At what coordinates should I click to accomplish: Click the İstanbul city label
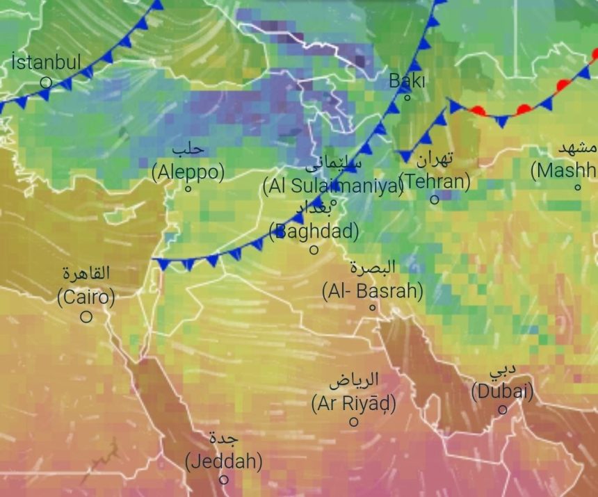pyautogui.click(x=47, y=62)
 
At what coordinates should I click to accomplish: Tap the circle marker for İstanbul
pyautogui.click(x=46, y=82)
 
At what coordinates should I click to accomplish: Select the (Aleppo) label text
pyautogui.click(x=188, y=172)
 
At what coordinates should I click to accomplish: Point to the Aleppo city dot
pyautogui.click(x=188, y=188)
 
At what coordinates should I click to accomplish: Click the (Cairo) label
pyautogui.click(x=86, y=298)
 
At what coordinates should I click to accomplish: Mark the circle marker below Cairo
pyautogui.click(x=86, y=317)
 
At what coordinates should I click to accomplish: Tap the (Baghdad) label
pyautogui.click(x=314, y=231)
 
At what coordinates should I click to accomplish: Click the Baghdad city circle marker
pyautogui.click(x=314, y=250)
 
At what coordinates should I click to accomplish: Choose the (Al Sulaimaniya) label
pyautogui.click(x=333, y=186)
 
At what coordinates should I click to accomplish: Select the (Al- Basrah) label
pyautogui.click(x=372, y=291)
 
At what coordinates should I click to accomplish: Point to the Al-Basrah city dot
pyautogui.click(x=372, y=307)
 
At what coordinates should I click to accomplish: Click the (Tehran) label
pyautogui.click(x=435, y=181)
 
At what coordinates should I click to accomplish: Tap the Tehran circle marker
pyautogui.click(x=434, y=199)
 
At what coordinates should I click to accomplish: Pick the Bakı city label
pyautogui.click(x=407, y=81)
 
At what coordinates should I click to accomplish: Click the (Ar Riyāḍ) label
pyautogui.click(x=354, y=402)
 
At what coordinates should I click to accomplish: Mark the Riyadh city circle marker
pyautogui.click(x=354, y=421)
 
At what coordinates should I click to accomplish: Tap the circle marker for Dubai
pyautogui.click(x=502, y=409)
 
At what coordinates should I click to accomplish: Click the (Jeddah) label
pyautogui.click(x=223, y=460)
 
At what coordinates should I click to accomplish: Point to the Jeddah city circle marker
pyautogui.click(x=223, y=479)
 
